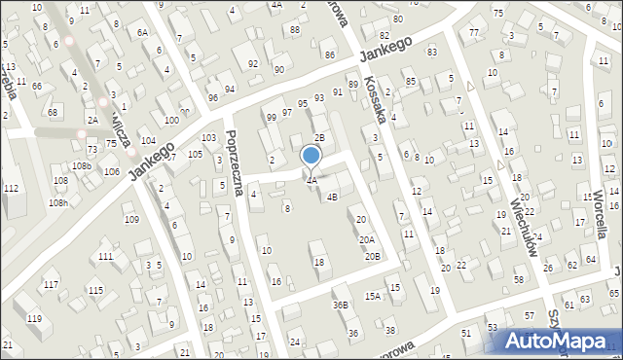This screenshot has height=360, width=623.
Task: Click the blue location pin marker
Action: (311, 156)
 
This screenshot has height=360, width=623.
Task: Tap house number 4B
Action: (332, 198)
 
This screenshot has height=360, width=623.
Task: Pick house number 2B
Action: (318, 137)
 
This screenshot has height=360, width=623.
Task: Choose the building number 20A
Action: (366, 239)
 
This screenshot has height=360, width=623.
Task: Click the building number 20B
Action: (372, 256)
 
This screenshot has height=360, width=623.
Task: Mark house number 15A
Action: (372, 296)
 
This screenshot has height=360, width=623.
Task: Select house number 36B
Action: (340, 305)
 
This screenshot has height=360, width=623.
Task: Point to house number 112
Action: (11, 188)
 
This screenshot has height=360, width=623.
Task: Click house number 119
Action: (34, 319)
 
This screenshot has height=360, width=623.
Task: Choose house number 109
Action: (131, 219)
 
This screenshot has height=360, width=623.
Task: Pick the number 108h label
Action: (58, 202)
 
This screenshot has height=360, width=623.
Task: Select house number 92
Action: (253, 64)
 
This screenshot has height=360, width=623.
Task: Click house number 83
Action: (431, 51)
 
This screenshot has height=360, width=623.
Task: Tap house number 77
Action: (473, 33)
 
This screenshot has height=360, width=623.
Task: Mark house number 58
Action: (518, 280)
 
